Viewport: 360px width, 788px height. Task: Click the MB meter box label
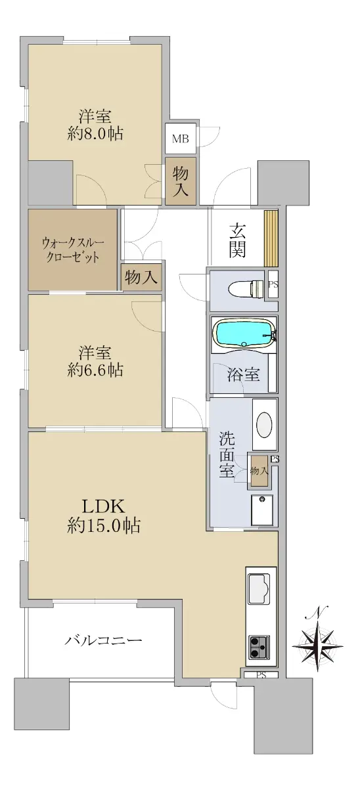point(181,139)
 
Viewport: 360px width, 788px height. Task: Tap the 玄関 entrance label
point(237,240)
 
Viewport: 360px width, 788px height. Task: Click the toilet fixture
point(246,290)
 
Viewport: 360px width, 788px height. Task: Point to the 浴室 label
point(244,375)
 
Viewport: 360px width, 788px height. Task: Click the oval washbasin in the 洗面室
point(264,425)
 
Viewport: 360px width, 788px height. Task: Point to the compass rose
point(318,646)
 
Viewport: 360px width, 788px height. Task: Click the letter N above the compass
point(319,613)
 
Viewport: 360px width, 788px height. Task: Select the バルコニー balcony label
point(103,639)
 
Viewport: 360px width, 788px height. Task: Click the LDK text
point(103,506)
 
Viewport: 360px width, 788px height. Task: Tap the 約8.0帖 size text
point(95,134)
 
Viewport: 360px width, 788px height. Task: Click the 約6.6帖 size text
point(95,370)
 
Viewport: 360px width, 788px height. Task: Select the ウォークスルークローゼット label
point(73,250)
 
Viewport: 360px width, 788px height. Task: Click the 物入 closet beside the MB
point(181,181)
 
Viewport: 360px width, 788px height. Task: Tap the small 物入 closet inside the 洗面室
point(259,471)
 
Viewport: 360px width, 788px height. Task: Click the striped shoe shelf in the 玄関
point(271,238)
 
